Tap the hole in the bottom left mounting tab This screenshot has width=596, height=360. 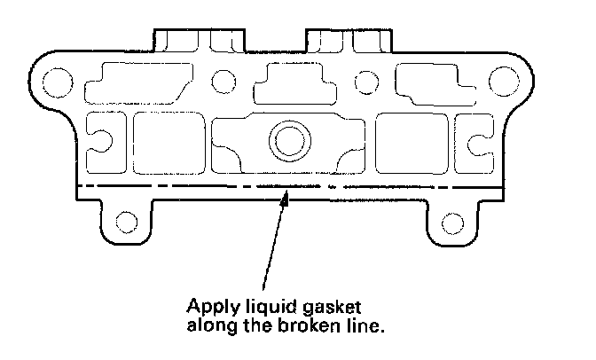pyautogui.click(x=127, y=222)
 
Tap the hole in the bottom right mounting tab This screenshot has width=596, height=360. pyautogui.click(x=452, y=222)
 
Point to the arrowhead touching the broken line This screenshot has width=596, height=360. pyautogui.click(x=286, y=199)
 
